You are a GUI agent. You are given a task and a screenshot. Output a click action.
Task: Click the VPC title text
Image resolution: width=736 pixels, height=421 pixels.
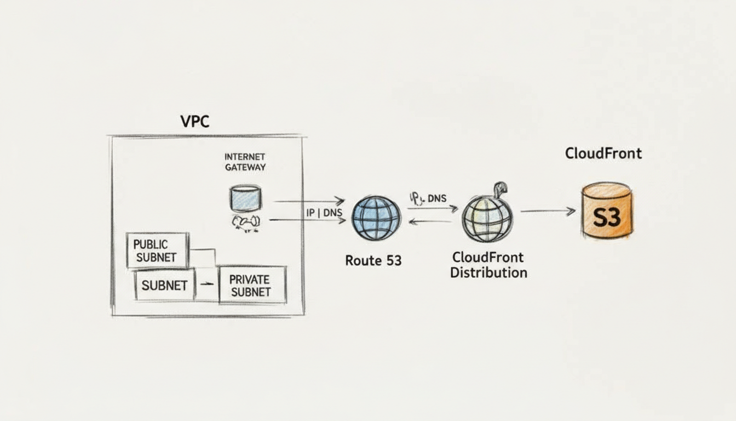tap(194, 121)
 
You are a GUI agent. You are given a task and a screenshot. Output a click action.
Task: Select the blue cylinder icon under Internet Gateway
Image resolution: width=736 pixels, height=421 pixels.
tap(245, 198)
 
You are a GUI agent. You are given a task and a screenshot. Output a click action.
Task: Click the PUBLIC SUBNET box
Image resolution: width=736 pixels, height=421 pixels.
tap(158, 251)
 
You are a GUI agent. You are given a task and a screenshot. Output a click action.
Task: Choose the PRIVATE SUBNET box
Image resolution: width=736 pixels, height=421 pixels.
tap(252, 286)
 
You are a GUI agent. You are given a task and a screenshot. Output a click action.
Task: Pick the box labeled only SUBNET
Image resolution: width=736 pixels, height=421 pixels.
tap(165, 286)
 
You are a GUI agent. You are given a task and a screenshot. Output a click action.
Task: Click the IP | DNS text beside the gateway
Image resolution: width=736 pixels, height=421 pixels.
tap(324, 213)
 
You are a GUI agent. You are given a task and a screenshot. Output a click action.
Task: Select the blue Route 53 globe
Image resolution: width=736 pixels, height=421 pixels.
tap(376, 218)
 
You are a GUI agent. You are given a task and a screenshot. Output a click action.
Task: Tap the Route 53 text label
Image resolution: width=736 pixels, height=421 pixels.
tap(373, 261)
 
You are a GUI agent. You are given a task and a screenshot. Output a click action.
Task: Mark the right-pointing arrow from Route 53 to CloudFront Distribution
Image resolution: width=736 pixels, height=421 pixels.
tap(433, 208)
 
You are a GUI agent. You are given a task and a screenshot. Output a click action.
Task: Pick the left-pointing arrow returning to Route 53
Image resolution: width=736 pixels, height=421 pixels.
tap(430, 221)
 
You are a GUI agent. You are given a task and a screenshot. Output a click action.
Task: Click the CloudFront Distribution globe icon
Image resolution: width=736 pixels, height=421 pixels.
tap(487, 219)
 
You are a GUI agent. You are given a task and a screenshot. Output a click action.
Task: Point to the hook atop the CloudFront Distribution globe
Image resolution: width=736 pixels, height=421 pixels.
tap(499, 189)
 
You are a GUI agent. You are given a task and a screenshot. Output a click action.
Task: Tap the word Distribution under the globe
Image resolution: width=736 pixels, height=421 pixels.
tap(488, 272)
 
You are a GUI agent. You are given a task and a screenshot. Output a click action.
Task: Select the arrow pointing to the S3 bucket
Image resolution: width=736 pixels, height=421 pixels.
tap(548, 211)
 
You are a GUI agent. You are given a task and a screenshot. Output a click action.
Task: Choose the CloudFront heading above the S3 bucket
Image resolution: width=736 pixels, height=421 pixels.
tap(603, 153)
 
